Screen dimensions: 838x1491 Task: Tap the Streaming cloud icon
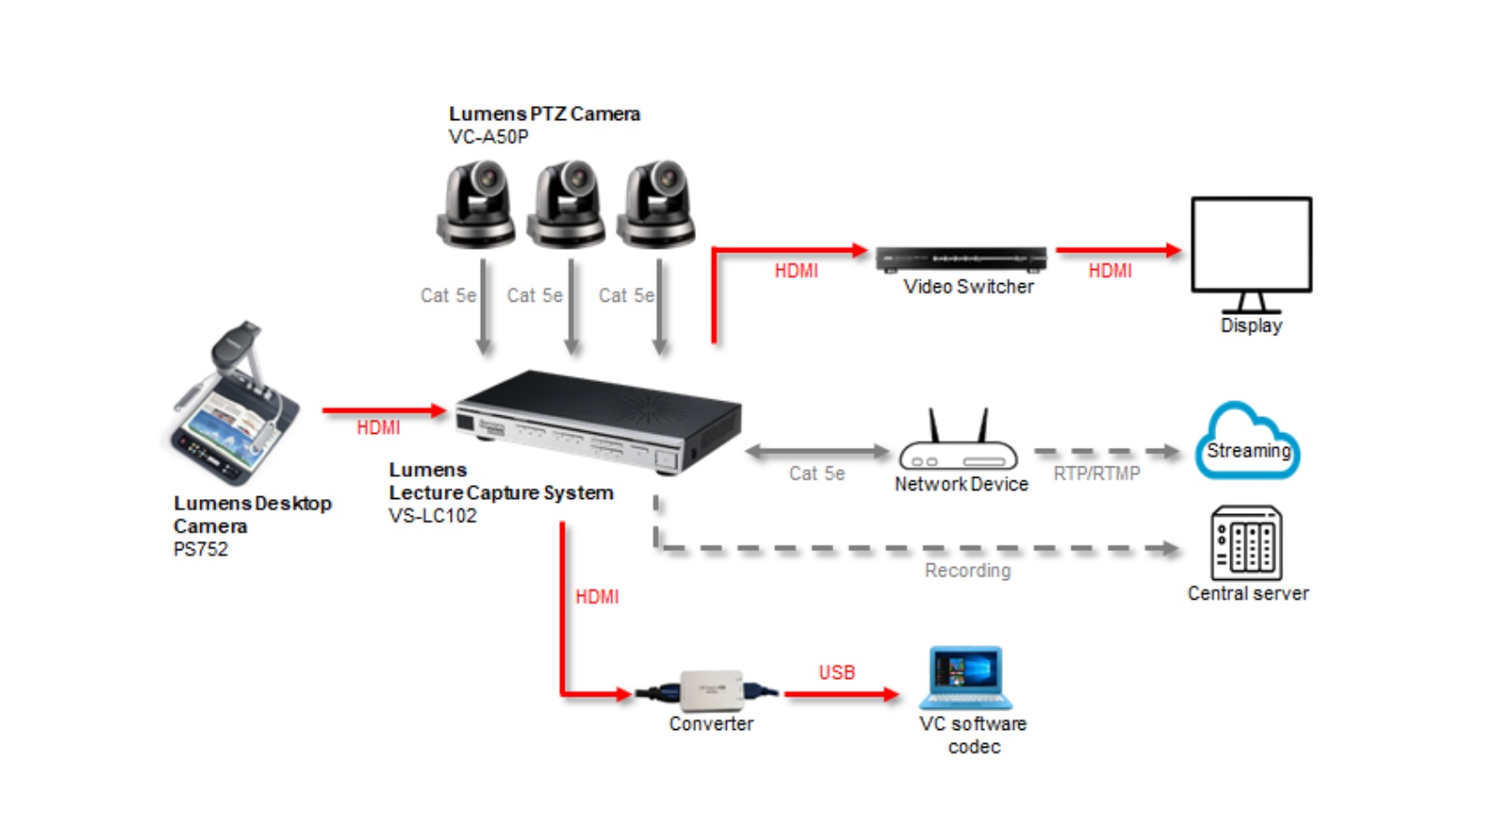1247,442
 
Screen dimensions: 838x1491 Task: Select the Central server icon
1246,544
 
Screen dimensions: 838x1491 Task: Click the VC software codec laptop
965,677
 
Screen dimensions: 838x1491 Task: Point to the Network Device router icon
958,444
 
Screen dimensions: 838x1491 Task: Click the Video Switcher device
961,258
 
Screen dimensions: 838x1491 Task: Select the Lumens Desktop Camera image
235,406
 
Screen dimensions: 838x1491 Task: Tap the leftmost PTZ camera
476,204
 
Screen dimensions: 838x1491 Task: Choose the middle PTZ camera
566,204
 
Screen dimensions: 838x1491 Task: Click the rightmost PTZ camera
657,204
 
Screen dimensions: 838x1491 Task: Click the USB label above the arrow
837,672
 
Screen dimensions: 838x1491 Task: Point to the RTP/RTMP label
1097,474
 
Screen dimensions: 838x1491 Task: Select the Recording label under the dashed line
967,571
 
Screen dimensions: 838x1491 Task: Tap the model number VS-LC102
432,516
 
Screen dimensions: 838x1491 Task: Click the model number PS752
200,549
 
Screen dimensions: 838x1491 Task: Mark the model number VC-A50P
488,137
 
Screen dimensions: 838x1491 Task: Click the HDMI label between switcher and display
1110,271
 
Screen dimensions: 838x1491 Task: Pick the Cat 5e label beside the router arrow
816,474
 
